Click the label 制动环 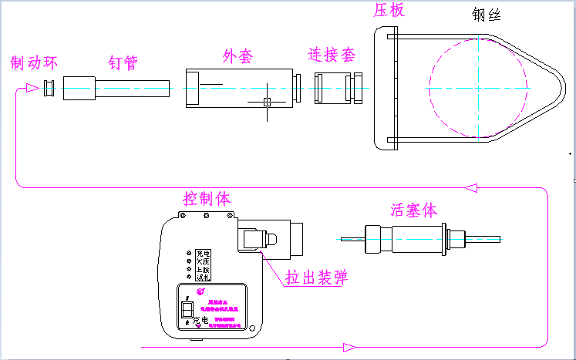click(34, 62)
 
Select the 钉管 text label click(123, 62)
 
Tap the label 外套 click(237, 56)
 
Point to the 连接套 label click(332, 56)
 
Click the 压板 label click(389, 10)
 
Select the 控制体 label click(207, 198)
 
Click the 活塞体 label click(414, 210)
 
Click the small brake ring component click(49, 88)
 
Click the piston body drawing click(416, 238)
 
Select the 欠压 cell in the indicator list click(203, 261)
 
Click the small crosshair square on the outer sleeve click(268, 102)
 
